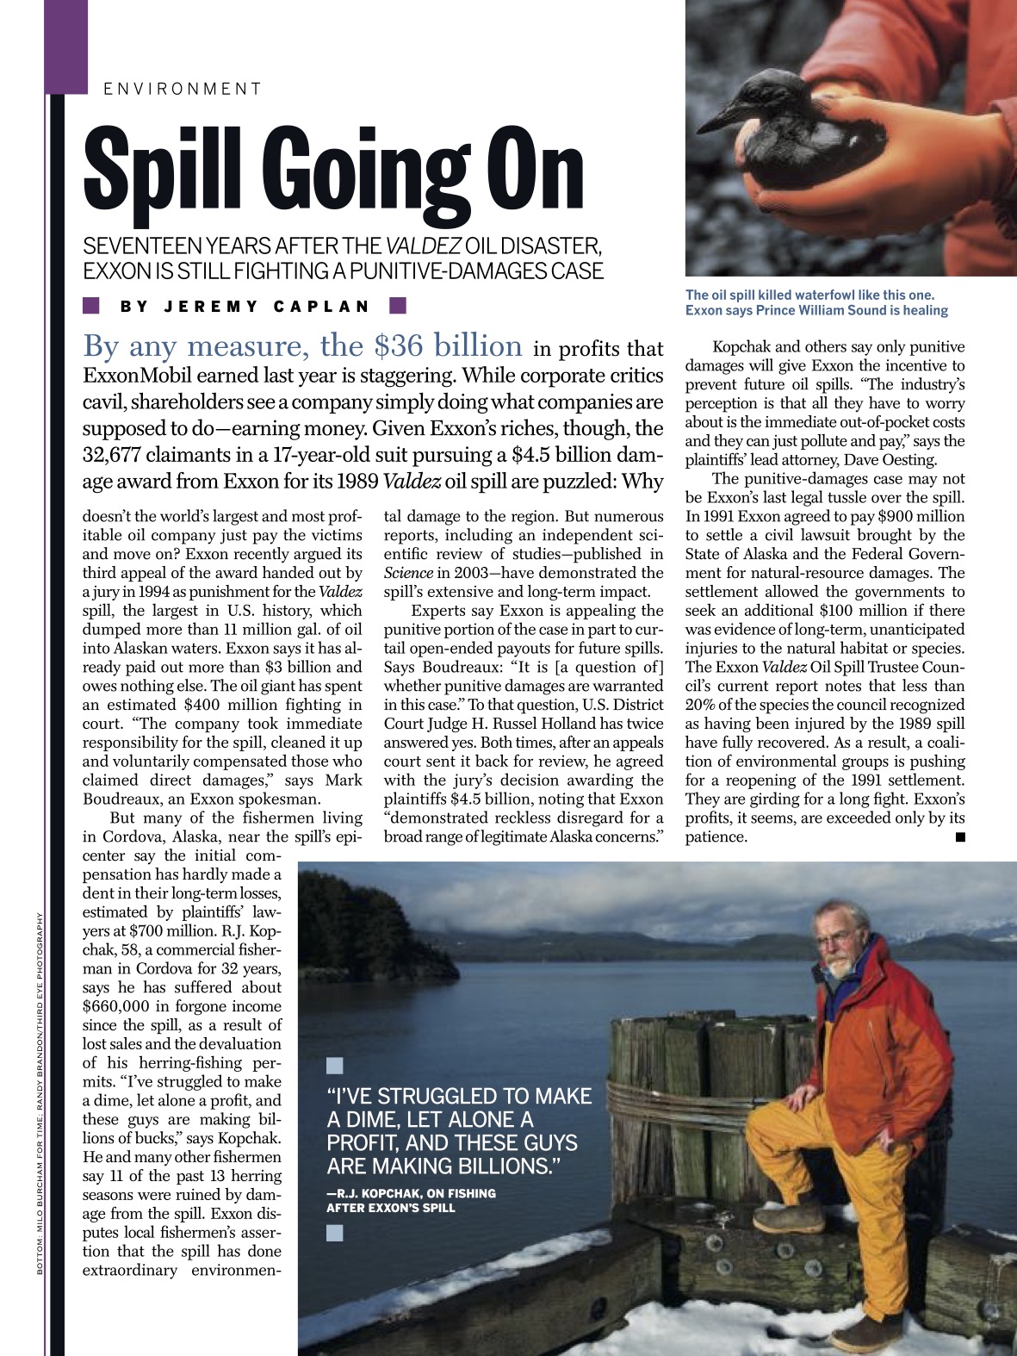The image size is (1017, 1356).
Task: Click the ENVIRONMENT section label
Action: tap(182, 89)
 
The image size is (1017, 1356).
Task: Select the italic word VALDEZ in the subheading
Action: tap(423, 246)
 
